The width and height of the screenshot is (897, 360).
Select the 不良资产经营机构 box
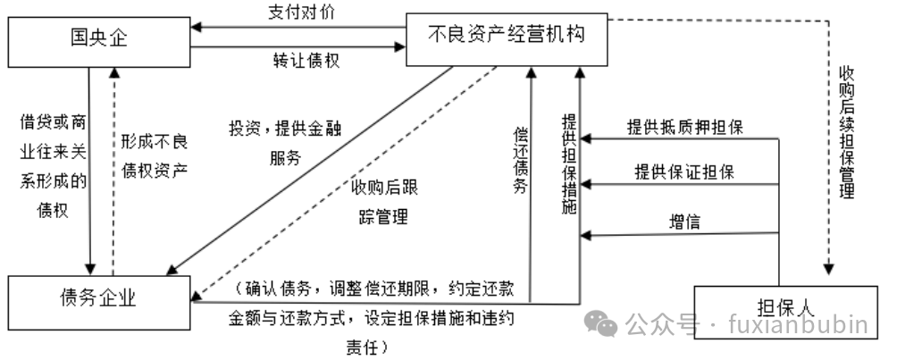(507, 38)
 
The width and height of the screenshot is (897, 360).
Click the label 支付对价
(301, 13)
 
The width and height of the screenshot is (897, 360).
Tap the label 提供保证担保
(684, 172)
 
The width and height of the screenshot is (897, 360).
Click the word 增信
(684, 221)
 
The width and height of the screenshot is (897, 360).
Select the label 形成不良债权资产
(155, 157)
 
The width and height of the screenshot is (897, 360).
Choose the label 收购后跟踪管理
(384, 202)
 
